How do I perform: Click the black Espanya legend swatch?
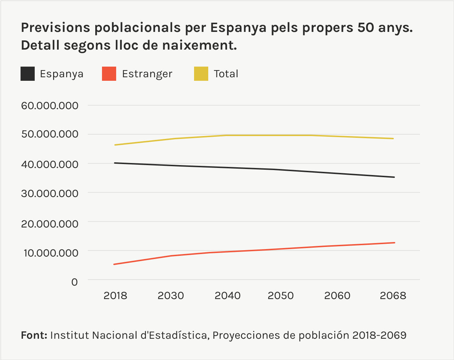28,74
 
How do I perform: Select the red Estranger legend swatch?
109,74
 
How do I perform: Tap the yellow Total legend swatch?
201,74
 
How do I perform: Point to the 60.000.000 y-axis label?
50,106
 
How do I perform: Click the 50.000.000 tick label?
50,134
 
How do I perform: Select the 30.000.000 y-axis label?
50,193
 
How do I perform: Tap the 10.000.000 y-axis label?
50,252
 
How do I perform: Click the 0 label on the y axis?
74,282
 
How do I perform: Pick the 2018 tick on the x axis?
115,296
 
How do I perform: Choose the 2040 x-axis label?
227,296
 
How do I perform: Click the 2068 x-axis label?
393,296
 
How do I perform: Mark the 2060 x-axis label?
337,296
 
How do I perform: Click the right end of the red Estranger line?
394,243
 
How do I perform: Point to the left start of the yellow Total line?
115,145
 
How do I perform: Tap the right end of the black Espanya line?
394,177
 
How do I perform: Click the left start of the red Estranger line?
114,264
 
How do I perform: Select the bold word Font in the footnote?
34,335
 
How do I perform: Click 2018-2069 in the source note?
379,335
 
